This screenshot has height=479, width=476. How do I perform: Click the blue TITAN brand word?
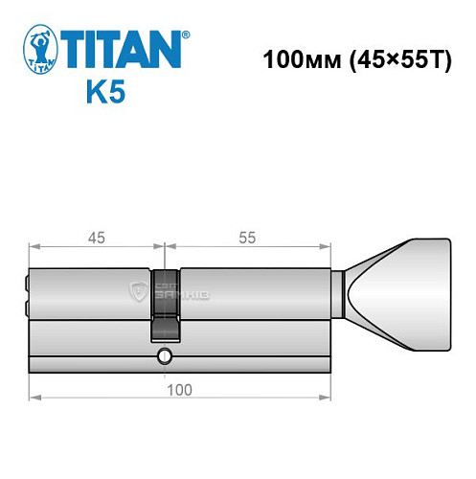(x=122, y=47)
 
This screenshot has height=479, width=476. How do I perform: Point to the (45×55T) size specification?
(x=392, y=57)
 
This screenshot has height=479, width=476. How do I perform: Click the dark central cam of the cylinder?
(x=163, y=303)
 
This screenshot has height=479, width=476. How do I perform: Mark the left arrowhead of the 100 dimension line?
(x=33, y=395)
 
